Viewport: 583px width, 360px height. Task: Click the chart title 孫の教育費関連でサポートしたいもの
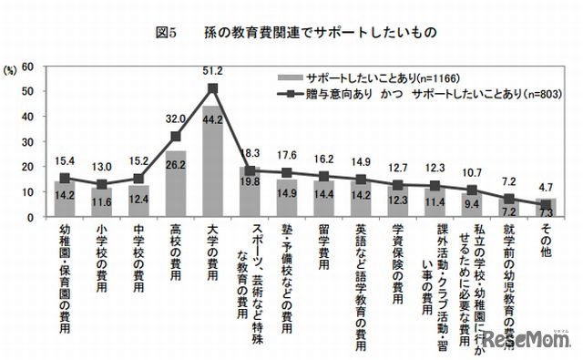[x=315, y=32]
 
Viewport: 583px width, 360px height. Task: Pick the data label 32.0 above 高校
[x=176, y=118]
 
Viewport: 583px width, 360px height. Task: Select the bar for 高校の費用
[x=176, y=185]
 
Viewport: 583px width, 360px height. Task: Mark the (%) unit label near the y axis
[x=12, y=67]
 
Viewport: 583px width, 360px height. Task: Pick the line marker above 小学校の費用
[x=100, y=185]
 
